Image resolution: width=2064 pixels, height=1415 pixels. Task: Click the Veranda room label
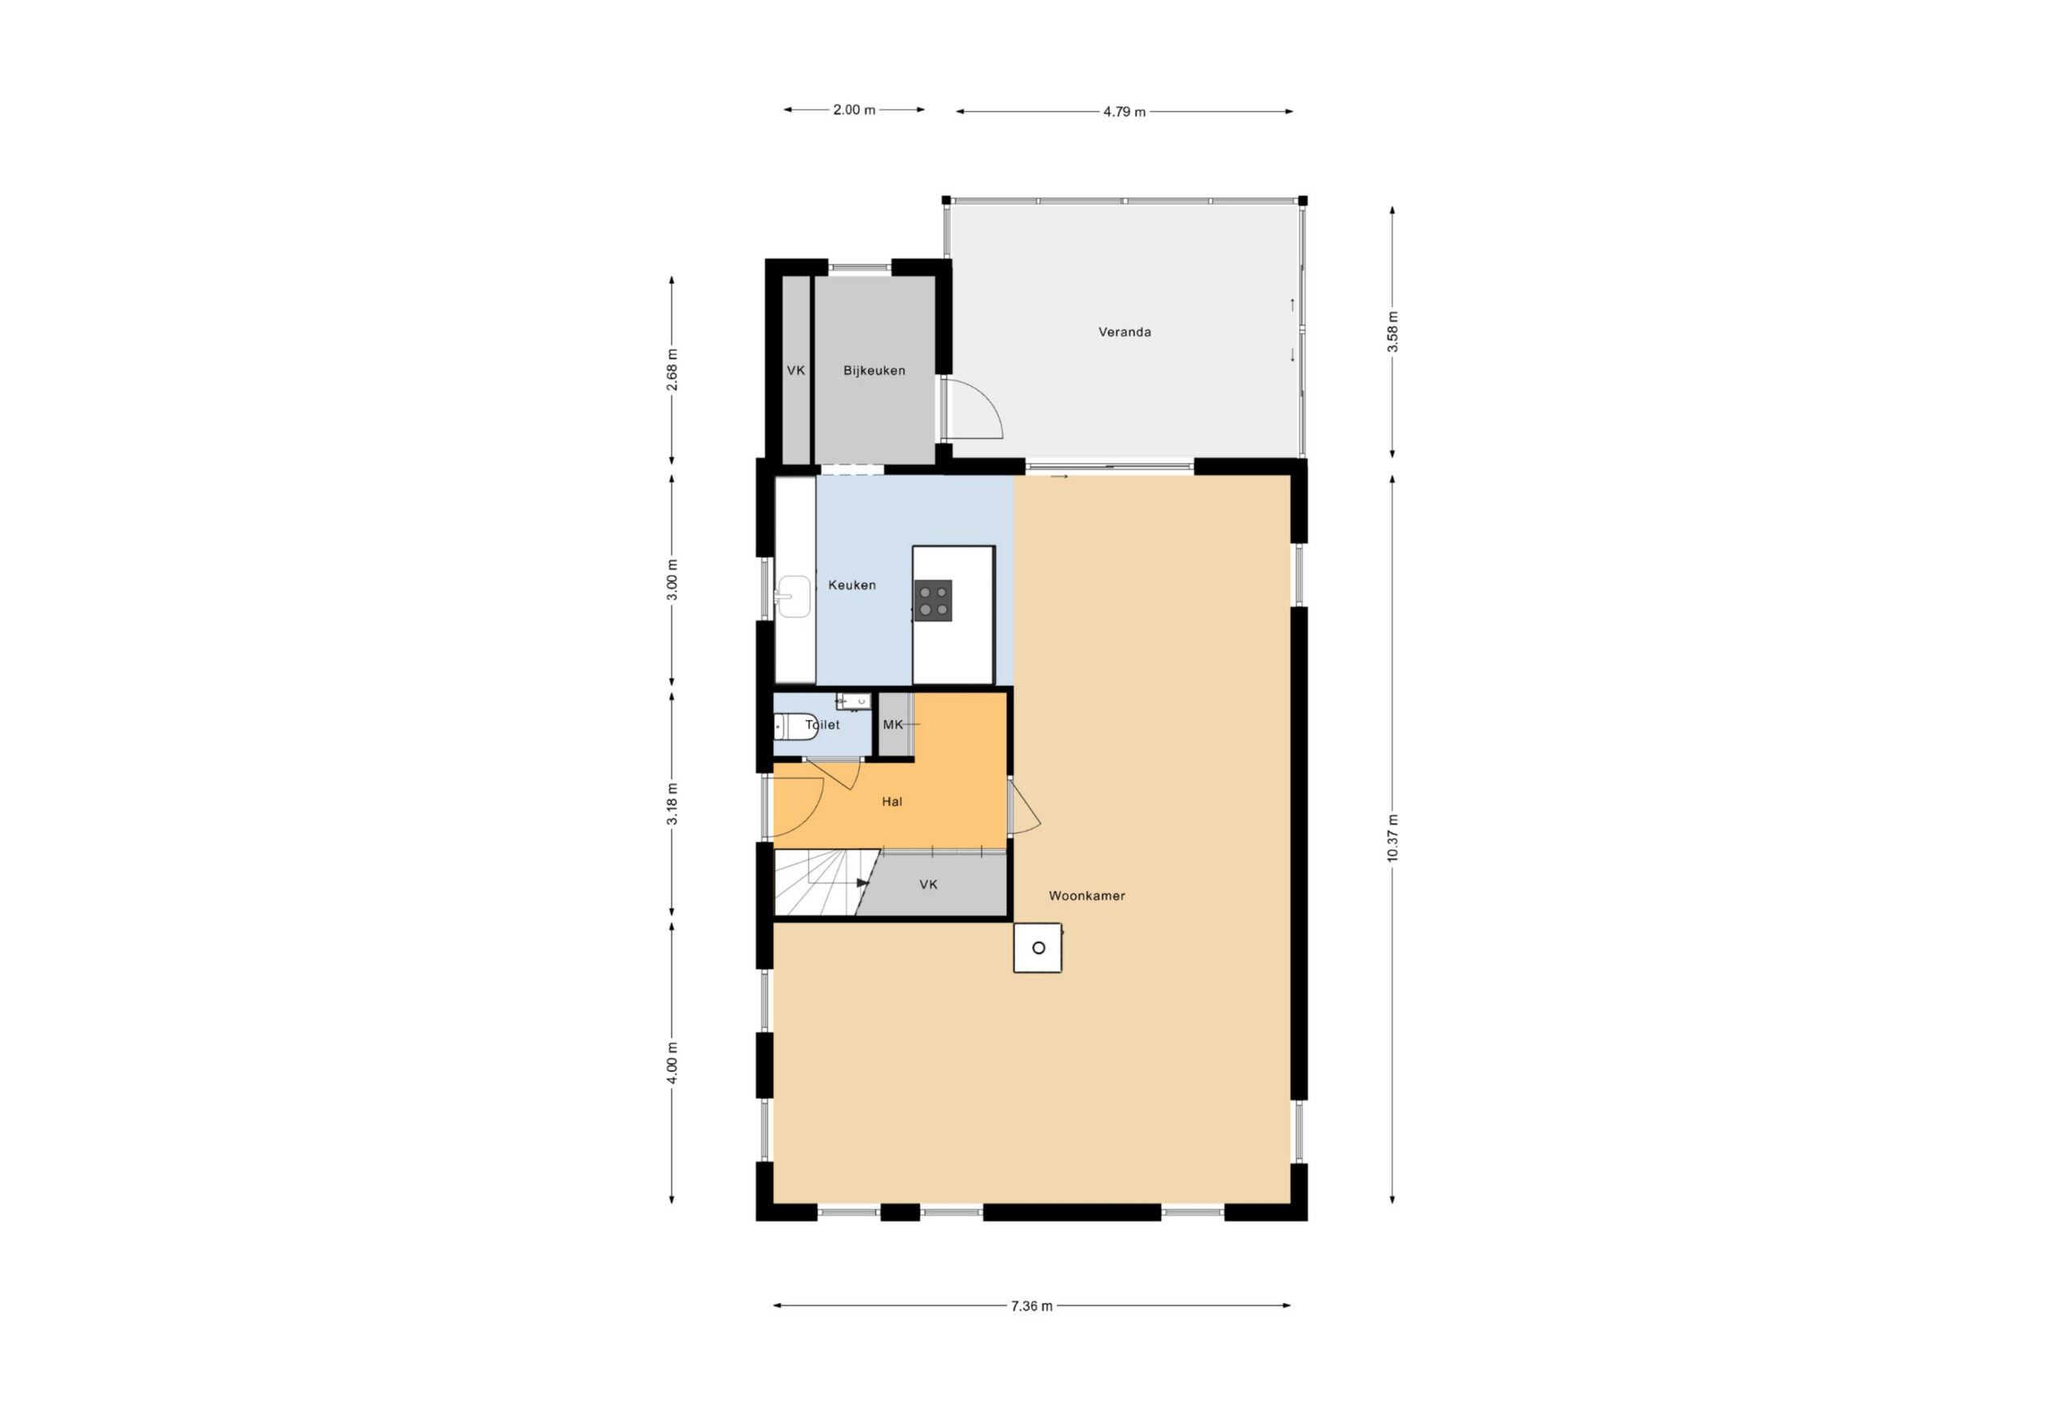pos(1125,332)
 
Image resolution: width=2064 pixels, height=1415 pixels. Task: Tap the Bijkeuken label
pos(874,370)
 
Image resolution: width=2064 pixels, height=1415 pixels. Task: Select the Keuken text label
pos(851,585)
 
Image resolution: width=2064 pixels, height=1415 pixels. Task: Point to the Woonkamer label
pos(1086,896)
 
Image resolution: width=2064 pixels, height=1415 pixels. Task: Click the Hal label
pos(892,801)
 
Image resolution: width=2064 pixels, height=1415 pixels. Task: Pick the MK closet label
pos(893,725)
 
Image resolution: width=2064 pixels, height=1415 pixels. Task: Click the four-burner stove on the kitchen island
pos(934,601)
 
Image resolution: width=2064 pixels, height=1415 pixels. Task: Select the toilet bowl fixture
pos(797,726)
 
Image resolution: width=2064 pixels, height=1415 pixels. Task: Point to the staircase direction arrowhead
pos(862,883)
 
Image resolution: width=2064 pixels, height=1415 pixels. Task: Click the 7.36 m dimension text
pos(1031,1305)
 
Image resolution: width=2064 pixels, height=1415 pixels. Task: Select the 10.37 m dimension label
pos(1392,838)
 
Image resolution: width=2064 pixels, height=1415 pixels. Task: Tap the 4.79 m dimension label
pos(1125,112)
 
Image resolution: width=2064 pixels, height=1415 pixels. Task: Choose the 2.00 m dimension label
pos(854,110)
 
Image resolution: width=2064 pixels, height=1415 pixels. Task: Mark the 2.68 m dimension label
pos(672,369)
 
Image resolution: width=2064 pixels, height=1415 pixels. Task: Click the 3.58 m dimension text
pos(1392,331)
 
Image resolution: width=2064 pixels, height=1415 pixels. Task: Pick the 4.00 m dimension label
pos(672,1063)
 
